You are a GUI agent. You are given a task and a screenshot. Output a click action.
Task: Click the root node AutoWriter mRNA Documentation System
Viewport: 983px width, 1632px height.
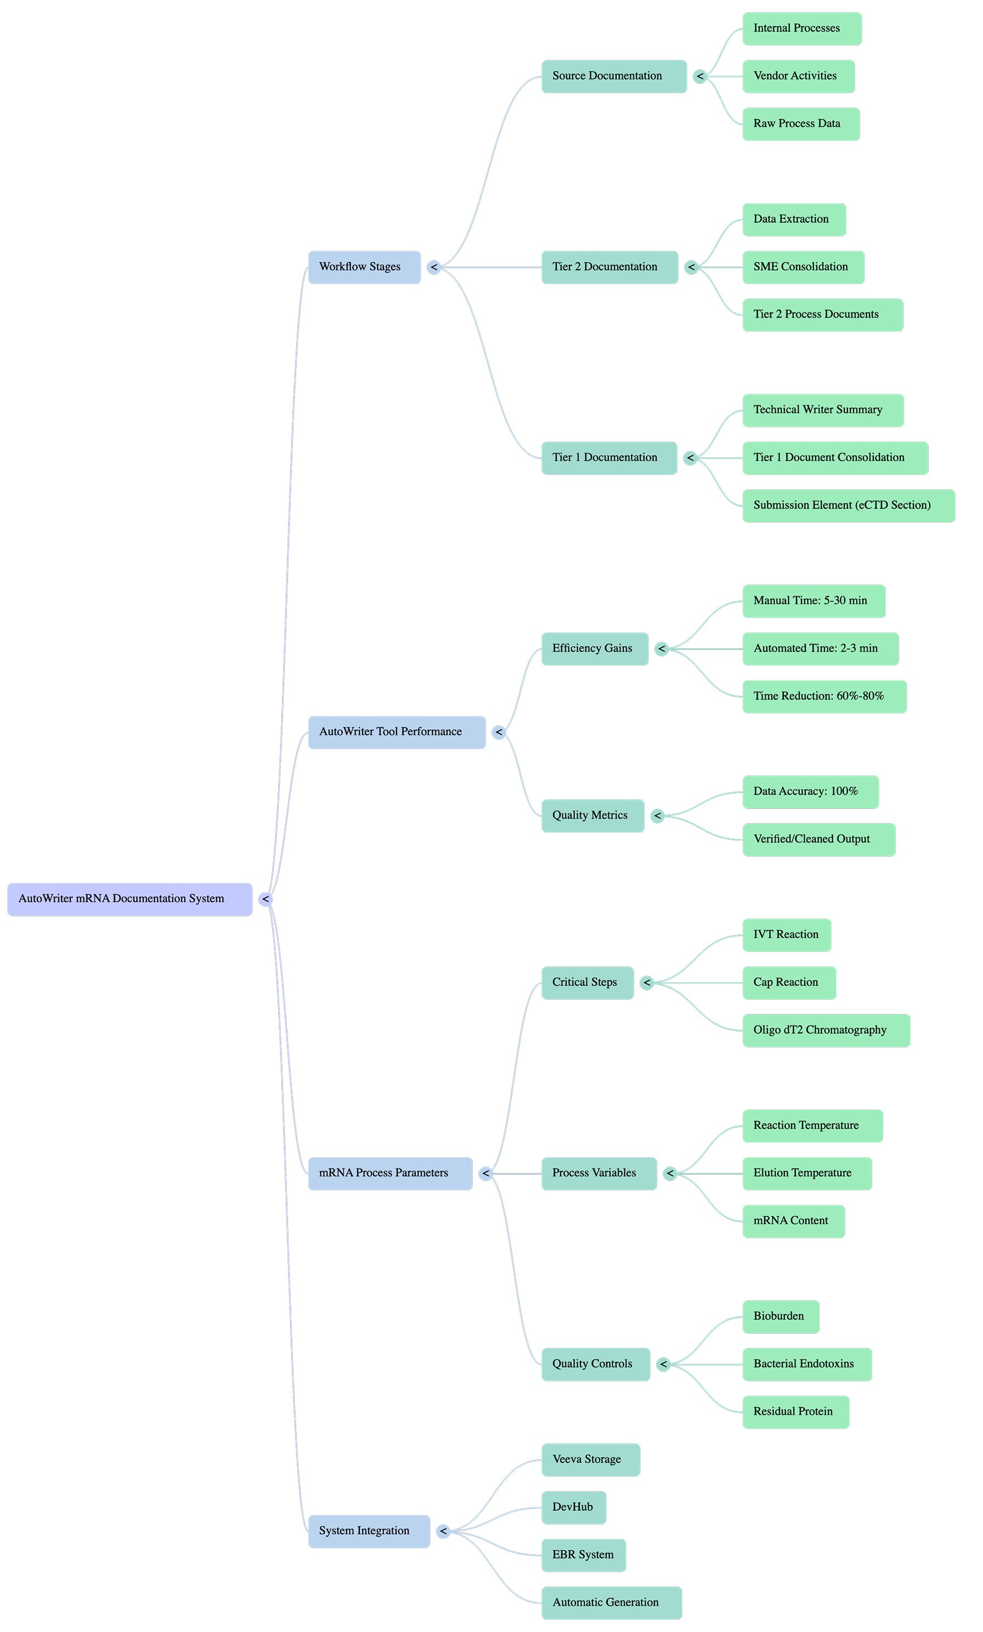point(130,899)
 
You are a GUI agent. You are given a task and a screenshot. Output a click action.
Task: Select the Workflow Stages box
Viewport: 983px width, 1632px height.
point(364,268)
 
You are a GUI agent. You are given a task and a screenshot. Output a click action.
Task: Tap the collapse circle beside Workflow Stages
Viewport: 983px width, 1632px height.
point(434,268)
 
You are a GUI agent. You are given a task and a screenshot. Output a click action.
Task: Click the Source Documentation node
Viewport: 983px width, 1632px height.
point(614,77)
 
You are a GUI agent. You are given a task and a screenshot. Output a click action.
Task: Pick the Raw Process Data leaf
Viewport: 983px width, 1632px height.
point(801,124)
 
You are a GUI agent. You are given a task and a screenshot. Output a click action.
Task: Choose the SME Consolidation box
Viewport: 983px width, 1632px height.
point(804,268)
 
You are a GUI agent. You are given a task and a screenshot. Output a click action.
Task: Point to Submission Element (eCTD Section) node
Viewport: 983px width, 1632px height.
point(849,506)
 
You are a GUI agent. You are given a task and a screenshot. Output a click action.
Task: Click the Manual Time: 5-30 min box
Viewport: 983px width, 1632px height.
point(814,601)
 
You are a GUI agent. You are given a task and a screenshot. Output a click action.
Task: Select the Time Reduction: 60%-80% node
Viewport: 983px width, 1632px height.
point(824,696)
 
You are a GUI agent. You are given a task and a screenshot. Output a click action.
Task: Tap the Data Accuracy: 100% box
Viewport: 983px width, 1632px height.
point(810,792)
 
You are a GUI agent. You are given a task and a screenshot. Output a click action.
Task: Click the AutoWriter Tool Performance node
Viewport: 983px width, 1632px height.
point(397,732)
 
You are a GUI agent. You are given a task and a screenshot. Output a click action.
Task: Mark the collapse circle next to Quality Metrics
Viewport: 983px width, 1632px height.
point(657,817)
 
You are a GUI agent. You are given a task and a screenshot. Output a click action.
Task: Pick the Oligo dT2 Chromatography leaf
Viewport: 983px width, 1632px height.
point(826,1030)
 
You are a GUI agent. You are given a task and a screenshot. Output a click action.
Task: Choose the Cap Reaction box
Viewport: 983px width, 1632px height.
point(789,983)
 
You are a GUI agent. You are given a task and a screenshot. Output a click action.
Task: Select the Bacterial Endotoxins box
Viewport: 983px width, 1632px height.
point(807,1364)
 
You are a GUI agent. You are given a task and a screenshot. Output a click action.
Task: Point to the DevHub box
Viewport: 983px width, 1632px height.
point(574,1508)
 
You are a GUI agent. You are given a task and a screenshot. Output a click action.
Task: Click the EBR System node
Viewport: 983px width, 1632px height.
point(584,1555)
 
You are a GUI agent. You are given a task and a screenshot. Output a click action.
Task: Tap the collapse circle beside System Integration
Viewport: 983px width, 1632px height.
point(443,1531)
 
